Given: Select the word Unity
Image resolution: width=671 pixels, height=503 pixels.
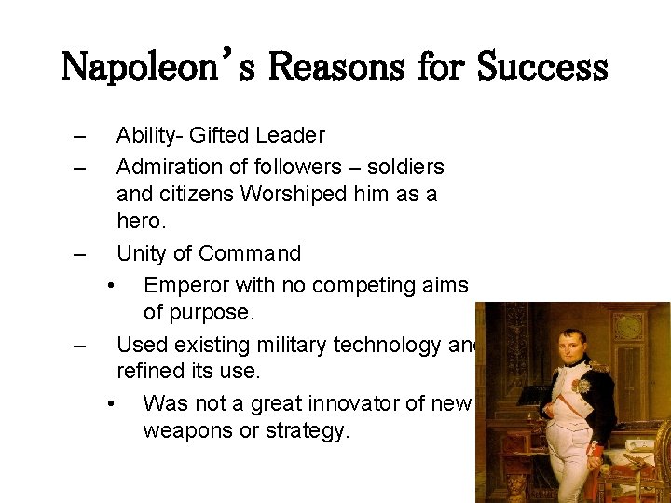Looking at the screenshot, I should coord(143,254).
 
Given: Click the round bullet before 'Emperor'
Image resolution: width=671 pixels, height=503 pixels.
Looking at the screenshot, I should coord(111,285).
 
